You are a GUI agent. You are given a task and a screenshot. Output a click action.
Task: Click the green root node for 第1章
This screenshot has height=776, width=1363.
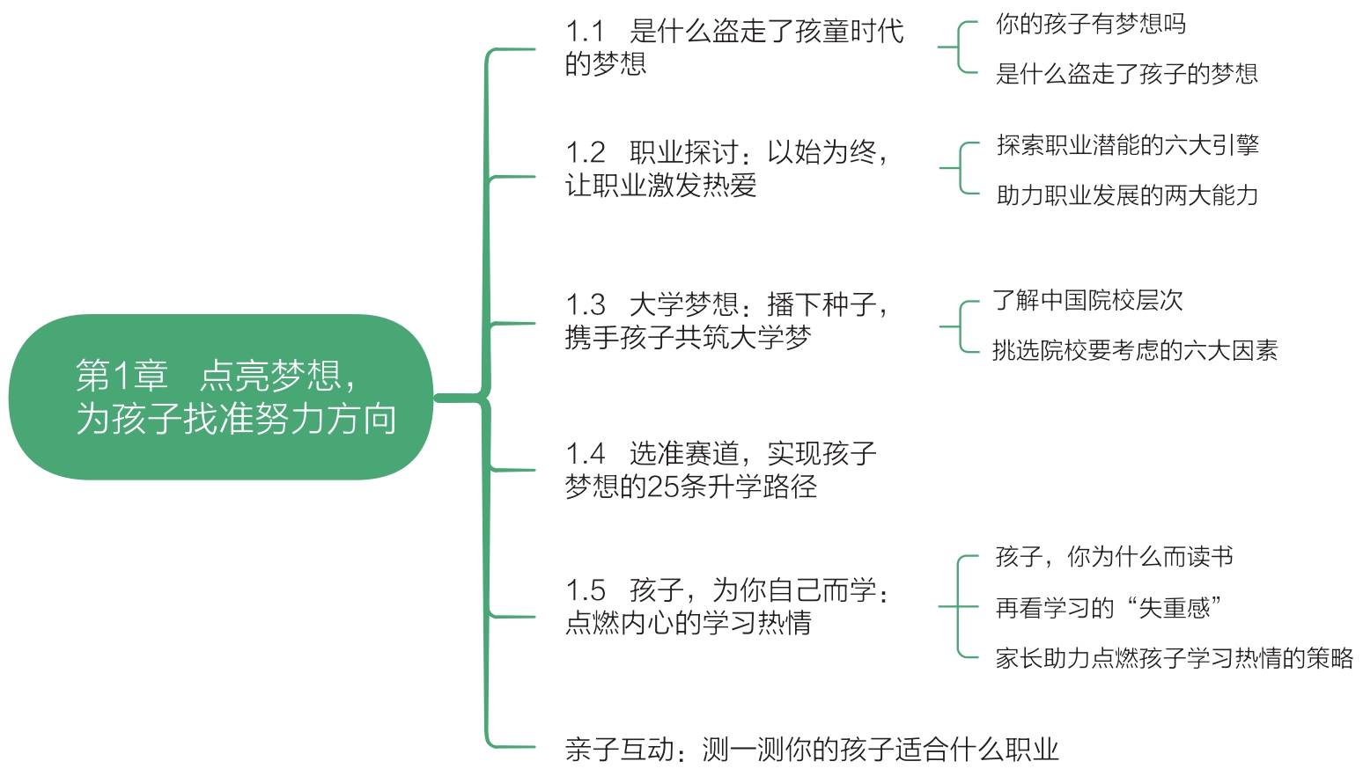220,397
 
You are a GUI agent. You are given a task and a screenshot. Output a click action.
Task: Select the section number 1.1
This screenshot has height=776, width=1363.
585,32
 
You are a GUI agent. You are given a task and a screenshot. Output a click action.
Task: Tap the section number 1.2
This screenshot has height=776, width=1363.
586,153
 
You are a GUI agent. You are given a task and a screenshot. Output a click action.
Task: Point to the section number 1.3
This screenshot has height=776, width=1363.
586,305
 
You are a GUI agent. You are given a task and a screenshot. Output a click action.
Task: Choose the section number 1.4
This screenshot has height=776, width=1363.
586,454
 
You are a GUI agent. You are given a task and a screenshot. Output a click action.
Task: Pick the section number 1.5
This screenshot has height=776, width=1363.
586,590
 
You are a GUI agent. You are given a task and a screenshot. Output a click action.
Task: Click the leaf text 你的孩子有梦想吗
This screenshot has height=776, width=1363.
1090,24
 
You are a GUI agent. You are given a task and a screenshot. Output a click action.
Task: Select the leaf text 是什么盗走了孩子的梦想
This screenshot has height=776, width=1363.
1126,74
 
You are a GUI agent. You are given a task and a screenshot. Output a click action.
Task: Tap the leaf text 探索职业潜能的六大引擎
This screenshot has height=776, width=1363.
1127,145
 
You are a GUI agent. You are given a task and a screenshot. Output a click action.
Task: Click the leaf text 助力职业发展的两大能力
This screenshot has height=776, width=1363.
1127,195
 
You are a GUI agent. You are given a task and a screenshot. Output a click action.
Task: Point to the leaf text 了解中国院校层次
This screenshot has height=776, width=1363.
1087,301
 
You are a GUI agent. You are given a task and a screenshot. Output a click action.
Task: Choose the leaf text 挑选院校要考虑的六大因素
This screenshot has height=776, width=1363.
1134,351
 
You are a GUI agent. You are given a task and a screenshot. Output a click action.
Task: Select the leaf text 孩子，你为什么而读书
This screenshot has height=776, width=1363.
1114,557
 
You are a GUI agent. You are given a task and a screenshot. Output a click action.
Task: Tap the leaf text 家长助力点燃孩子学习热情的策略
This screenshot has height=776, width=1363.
1174,658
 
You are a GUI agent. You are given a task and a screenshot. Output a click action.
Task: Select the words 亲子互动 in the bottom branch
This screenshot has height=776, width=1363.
619,750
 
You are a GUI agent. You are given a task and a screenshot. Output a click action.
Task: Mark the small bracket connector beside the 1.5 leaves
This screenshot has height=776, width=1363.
959,607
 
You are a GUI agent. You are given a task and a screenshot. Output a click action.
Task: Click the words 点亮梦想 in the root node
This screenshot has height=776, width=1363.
270,377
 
